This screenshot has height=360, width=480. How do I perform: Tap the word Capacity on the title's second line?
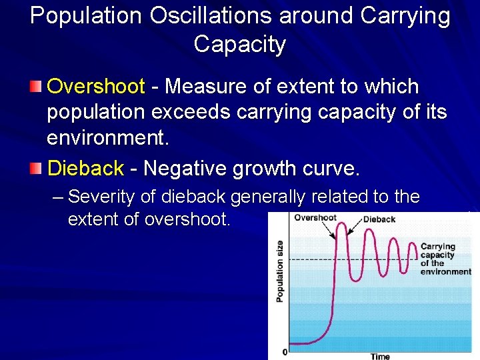click(240, 45)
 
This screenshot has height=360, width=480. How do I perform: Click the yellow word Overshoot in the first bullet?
click(96, 87)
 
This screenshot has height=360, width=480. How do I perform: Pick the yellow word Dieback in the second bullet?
click(85, 169)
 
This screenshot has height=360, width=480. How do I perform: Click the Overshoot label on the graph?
click(315, 217)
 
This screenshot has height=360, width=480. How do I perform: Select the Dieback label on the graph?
click(379, 219)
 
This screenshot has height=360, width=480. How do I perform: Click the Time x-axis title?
click(380, 356)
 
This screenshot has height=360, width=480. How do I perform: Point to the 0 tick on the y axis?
click(285, 351)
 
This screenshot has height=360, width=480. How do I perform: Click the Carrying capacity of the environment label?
click(445, 259)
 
